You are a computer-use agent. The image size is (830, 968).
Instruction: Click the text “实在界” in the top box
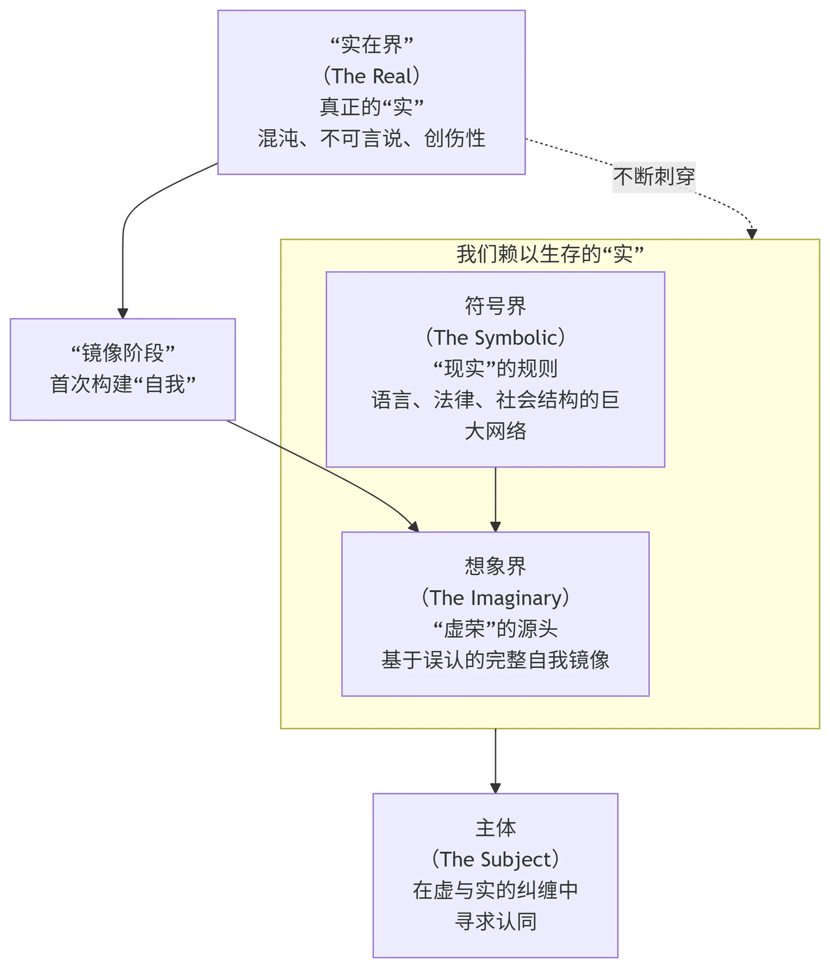click(x=371, y=45)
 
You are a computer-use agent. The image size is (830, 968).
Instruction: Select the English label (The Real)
click(x=371, y=76)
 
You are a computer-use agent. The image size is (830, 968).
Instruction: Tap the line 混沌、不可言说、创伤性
click(x=371, y=138)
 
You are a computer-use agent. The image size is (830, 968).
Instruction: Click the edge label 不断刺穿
click(x=654, y=177)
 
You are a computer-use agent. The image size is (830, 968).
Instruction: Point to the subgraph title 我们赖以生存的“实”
click(x=549, y=255)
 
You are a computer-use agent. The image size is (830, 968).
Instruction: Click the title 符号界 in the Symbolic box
click(x=495, y=306)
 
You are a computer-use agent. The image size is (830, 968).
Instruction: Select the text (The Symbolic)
click(x=495, y=338)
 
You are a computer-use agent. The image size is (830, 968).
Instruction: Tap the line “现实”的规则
click(x=495, y=369)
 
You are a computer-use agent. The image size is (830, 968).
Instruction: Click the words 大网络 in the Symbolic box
click(x=495, y=431)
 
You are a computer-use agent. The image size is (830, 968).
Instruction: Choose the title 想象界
click(x=495, y=566)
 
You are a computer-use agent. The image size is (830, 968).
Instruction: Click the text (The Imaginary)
click(x=495, y=598)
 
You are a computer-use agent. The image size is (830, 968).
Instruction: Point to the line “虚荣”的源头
click(x=495, y=629)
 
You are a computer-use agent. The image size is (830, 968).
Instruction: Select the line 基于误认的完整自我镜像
click(x=495, y=660)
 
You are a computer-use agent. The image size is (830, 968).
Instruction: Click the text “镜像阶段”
click(x=123, y=354)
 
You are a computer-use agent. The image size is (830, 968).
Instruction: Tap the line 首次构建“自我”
click(x=123, y=384)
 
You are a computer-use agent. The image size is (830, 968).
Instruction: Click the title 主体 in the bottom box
click(x=495, y=828)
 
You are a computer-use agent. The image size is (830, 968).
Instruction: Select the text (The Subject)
click(x=495, y=859)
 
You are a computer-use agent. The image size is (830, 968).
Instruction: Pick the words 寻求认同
click(x=495, y=922)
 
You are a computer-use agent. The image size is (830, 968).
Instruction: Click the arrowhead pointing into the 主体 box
click(x=495, y=788)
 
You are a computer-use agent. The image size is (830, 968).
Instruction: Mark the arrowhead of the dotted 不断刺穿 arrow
click(x=751, y=234)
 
